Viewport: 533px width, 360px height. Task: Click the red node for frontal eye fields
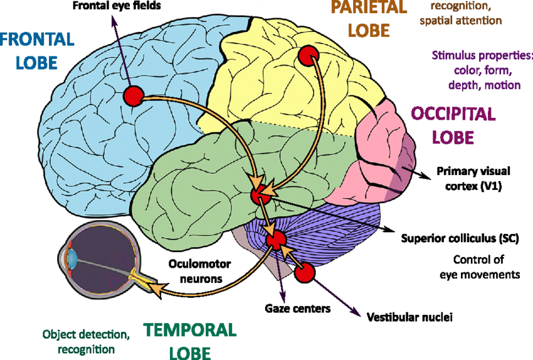tap(133, 96)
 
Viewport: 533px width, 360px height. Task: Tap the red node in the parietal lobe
tap(307, 56)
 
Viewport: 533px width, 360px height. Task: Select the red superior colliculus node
tap(259, 194)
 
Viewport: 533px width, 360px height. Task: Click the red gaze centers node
tap(275, 239)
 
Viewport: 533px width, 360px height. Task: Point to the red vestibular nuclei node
tap(304, 273)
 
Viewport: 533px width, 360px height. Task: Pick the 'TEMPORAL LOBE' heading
tap(189, 341)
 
